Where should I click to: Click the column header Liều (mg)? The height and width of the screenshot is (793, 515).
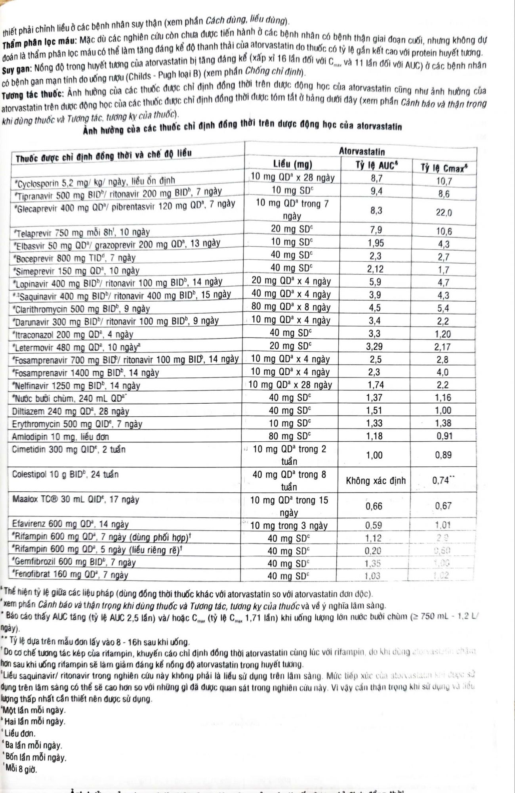292,165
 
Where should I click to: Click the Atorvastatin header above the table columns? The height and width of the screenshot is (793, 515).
362,151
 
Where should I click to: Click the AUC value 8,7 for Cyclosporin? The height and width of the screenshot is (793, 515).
376,179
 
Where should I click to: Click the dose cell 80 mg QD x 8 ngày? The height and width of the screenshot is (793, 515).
291,307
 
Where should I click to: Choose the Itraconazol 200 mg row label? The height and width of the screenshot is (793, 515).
73,334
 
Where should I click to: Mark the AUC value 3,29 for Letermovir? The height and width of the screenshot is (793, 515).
374,347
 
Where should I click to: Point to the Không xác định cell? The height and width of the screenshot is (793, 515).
376,481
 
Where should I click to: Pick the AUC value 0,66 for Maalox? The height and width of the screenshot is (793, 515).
374,506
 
